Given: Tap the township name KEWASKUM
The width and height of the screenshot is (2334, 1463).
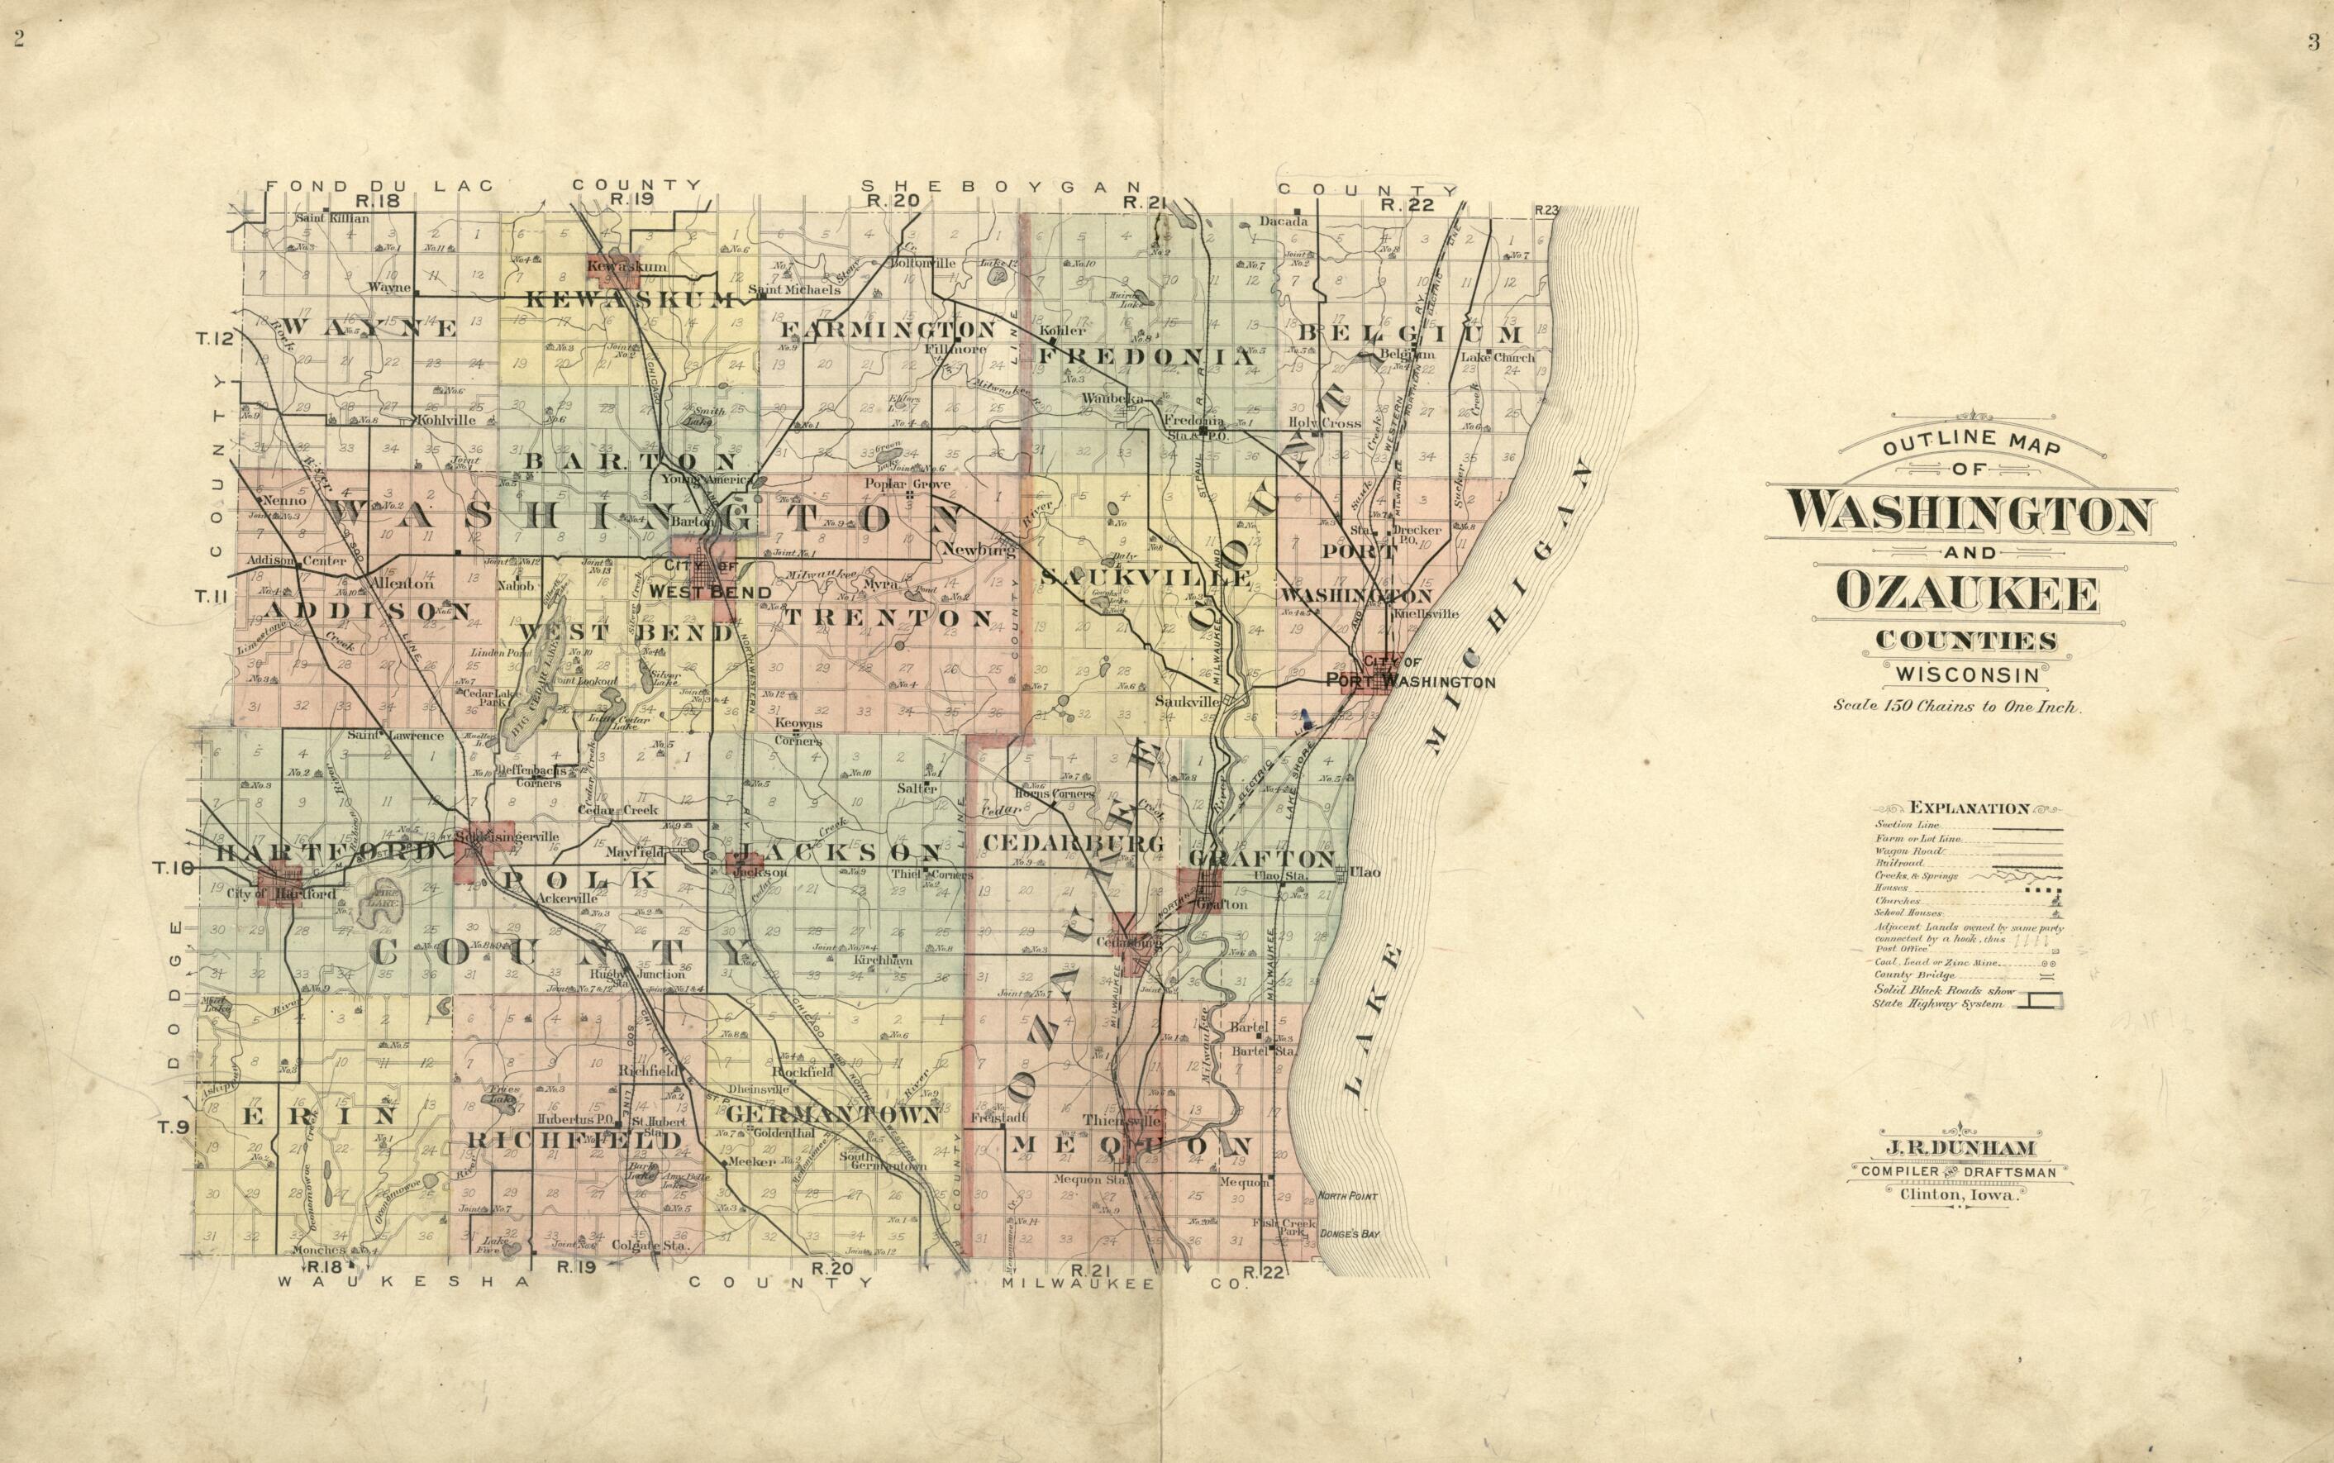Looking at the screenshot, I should [x=630, y=301].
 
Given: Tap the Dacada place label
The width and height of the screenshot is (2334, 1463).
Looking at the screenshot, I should [x=1284, y=221].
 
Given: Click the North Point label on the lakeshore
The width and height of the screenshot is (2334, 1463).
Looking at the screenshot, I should [x=1339, y=1197].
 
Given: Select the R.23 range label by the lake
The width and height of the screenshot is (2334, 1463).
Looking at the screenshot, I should [x=1546, y=210].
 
